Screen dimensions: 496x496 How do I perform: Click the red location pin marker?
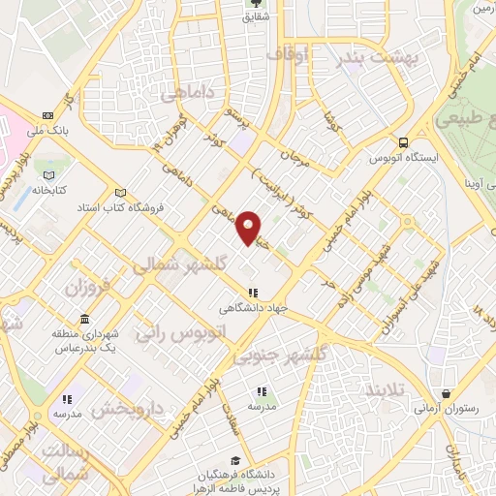(x=249, y=227)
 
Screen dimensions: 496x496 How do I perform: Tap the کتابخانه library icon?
(x=47, y=174)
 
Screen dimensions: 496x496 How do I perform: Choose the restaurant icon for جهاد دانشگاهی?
(x=253, y=293)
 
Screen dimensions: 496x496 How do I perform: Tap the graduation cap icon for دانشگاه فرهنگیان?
(x=235, y=460)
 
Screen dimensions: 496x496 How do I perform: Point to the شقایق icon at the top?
(x=257, y=5)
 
